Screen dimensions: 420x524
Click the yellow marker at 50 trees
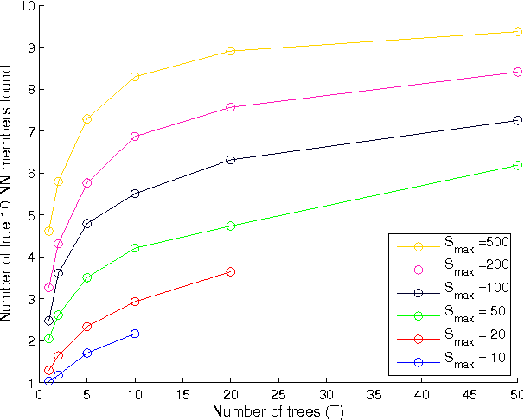(x=517, y=31)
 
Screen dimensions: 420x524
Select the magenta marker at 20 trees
(x=230, y=107)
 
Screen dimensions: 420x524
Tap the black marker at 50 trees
(x=517, y=120)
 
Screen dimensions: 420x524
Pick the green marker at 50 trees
(x=517, y=165)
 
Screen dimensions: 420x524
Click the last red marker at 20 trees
(x=230, y=271)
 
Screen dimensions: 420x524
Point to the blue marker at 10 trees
(x=135, y=334)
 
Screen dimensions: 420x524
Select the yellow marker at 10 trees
(x=135, y=77)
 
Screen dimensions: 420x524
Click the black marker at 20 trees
(x=230, y=160)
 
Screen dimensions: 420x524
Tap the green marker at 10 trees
(x=135, y=248)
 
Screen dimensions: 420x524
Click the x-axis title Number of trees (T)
(x=278, y=411)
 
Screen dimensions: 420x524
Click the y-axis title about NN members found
(x=8, y=194)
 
